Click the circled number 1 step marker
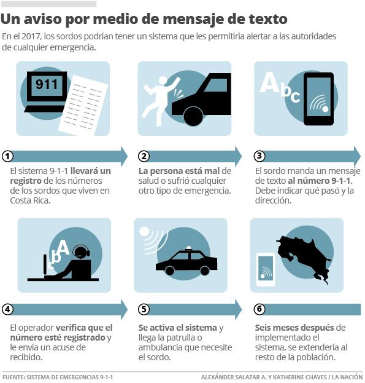(x=7, y=156)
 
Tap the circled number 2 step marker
(x=144, y=156)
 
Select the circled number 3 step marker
(x=259, y=156)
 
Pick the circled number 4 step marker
(x=7, y=309)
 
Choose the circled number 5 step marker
(x=144, y=309)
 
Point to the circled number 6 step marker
(x=259, y=309)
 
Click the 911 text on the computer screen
(x=47, y=84)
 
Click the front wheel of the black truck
(x=193, y=117)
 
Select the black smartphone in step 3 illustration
(x=319, y=99)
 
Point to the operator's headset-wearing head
(x=81, y=251)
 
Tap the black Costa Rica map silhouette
(x=304, y=259)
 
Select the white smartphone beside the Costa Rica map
(x=266, y=270)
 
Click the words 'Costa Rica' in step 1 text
(x=30, y=200)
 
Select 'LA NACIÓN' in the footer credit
(x=347, y=377)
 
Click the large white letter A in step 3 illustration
(x=269, y=82)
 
